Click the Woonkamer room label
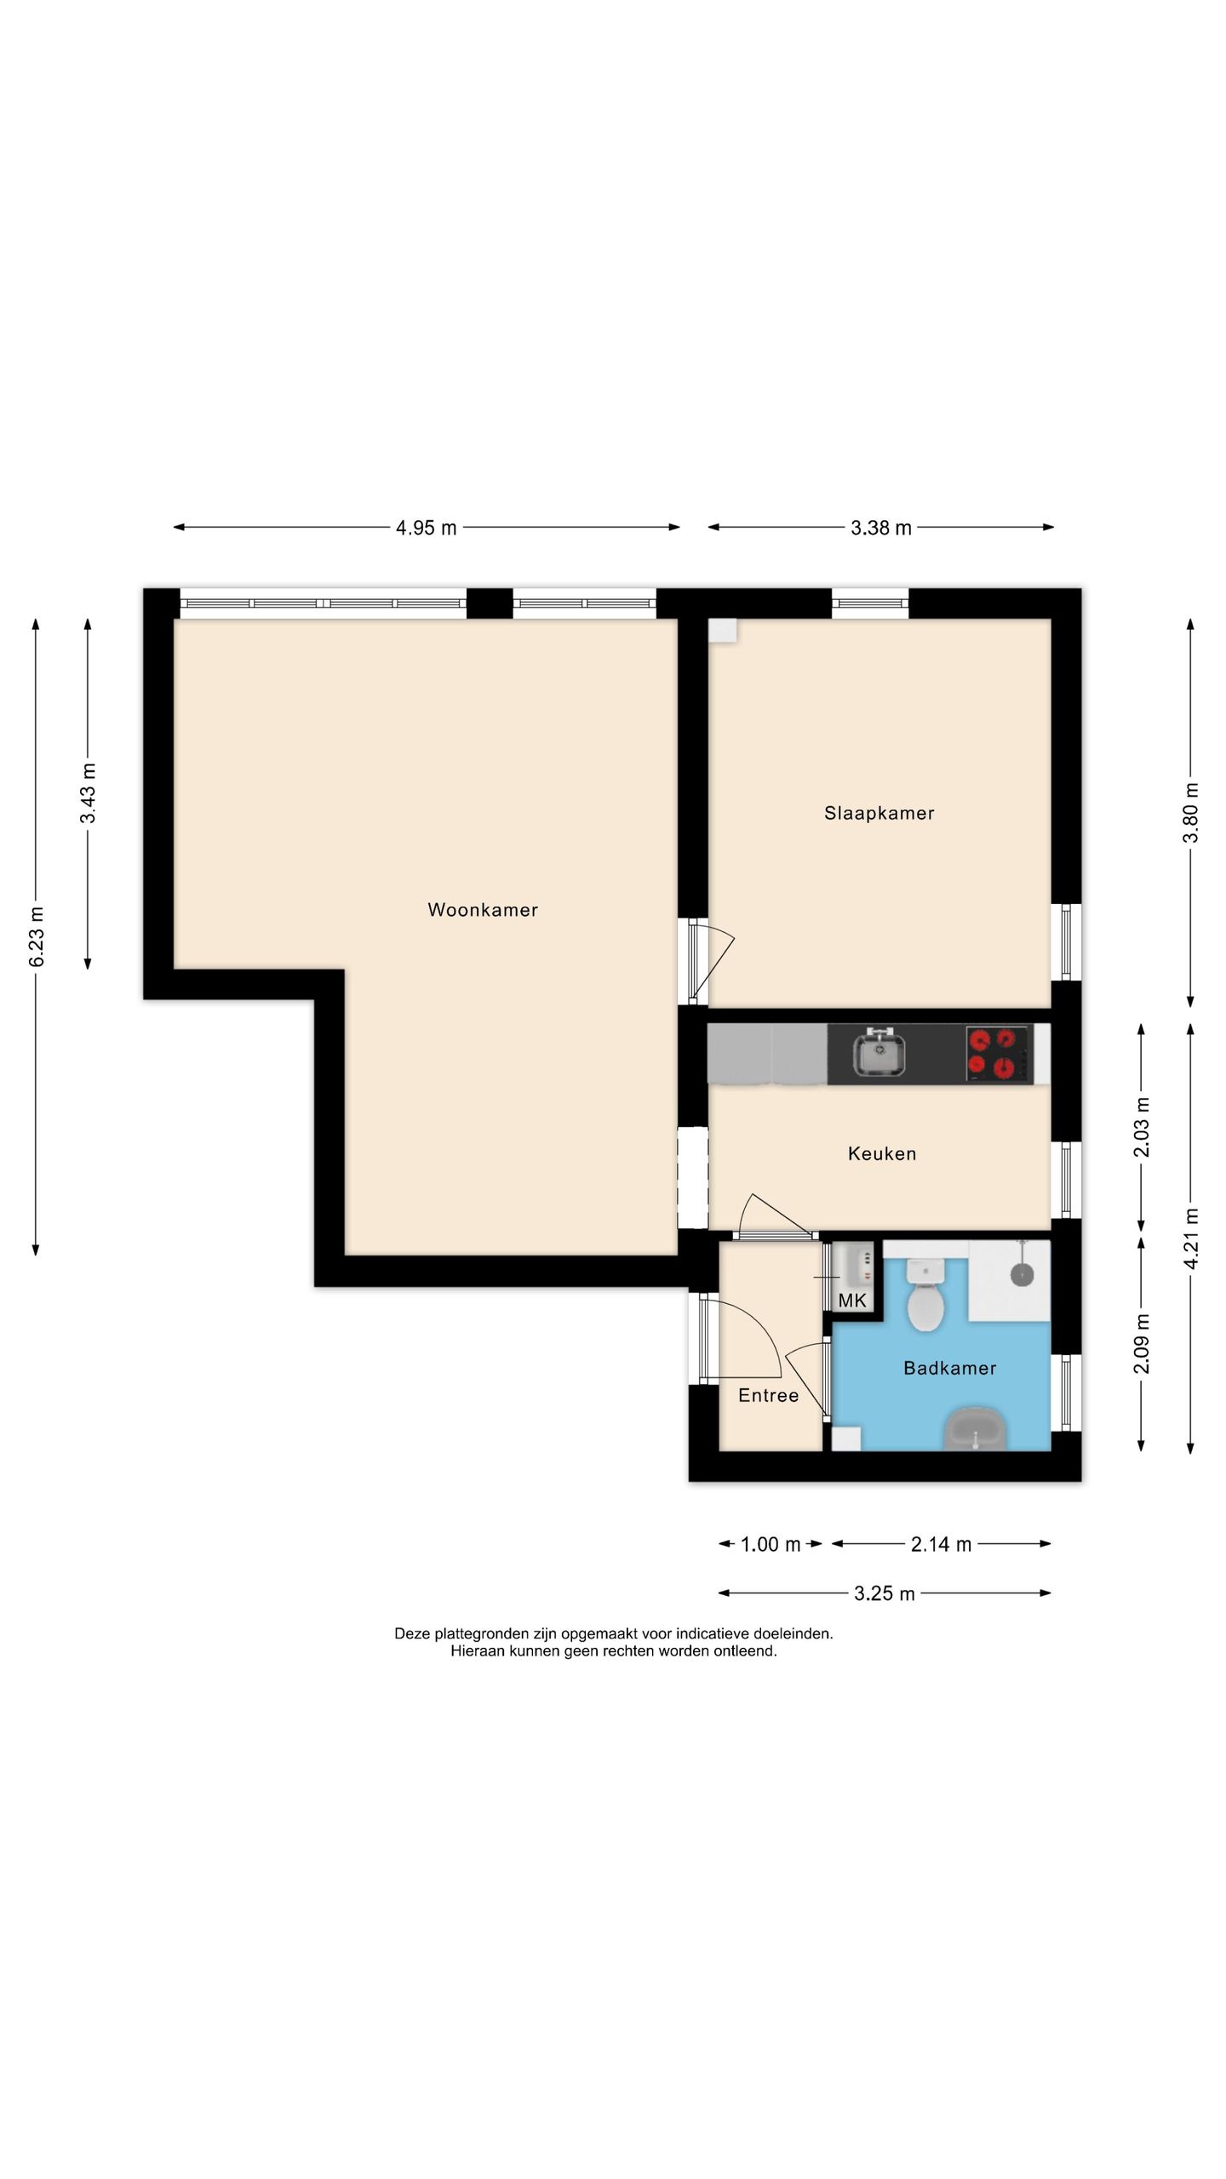coord(483,910)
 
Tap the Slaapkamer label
coord(879,813)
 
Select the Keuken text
coord(882,1153)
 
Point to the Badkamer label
coord(949,1368)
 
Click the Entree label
coord(768,1395)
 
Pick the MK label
coord(852,1300)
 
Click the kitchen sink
coord(879,1052)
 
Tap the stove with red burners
coord(998,1053)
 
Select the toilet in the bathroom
coord(925,1295)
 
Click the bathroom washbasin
coord(976,1429)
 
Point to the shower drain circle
coord(1022,1274)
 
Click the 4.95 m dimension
coord(426,528)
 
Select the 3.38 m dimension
coord(881,528)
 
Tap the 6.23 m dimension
coord(37,936)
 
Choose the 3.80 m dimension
coord(1190,812)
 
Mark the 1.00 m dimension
coord(771,1544)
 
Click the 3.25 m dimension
coord(885,1593)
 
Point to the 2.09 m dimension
coord(1142,1344)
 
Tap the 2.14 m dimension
coord(941,1544)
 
